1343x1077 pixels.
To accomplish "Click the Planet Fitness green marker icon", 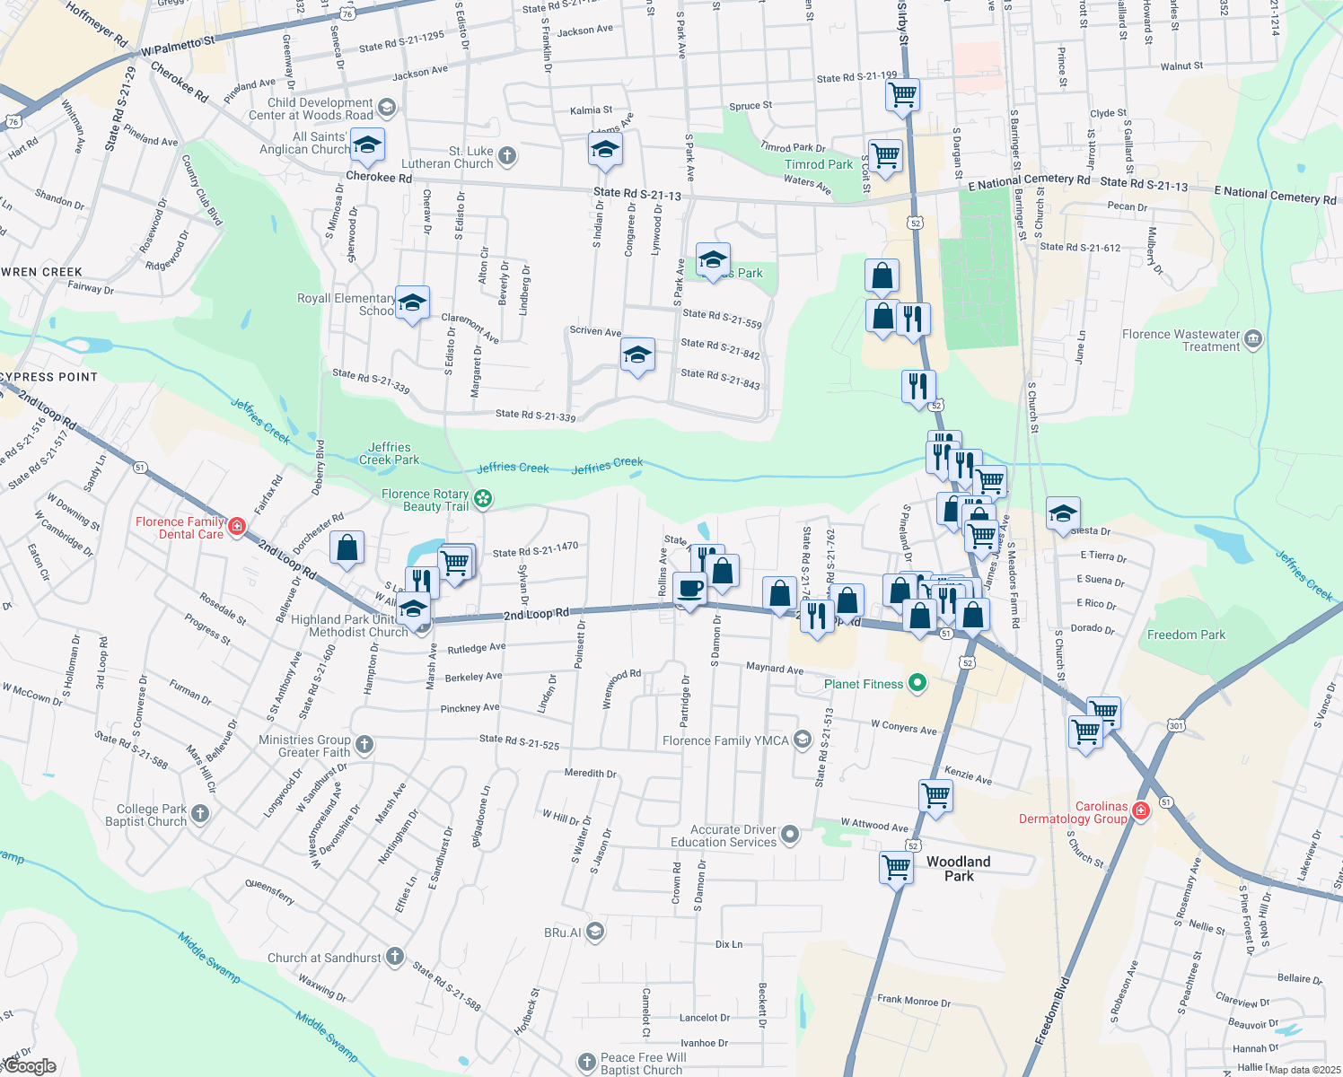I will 917,684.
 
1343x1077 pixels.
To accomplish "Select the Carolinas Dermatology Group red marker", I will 1141,811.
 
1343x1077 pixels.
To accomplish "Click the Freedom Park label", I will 1186,635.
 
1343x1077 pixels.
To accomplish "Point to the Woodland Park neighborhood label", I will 958,868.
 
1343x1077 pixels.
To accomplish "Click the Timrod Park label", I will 819,164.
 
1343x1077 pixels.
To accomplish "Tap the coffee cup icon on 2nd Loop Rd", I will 689,589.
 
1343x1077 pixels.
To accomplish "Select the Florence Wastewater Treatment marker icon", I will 1254,339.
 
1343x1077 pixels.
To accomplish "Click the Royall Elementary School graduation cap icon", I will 412,303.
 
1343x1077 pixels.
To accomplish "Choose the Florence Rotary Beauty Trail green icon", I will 483,499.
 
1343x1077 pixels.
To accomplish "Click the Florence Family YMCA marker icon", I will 803,740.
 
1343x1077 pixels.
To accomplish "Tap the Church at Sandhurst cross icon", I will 395,957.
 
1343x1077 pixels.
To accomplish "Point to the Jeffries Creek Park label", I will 389,453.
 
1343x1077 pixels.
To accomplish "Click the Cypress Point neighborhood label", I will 48,377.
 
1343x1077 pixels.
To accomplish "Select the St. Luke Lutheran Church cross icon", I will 507,156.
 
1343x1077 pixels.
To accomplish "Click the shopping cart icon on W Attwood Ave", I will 935,794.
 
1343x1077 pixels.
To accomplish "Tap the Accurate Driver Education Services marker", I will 790,835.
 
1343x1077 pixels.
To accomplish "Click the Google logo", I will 30,1066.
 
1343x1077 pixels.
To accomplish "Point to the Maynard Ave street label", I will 775,669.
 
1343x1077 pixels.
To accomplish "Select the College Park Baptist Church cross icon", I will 200,814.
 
